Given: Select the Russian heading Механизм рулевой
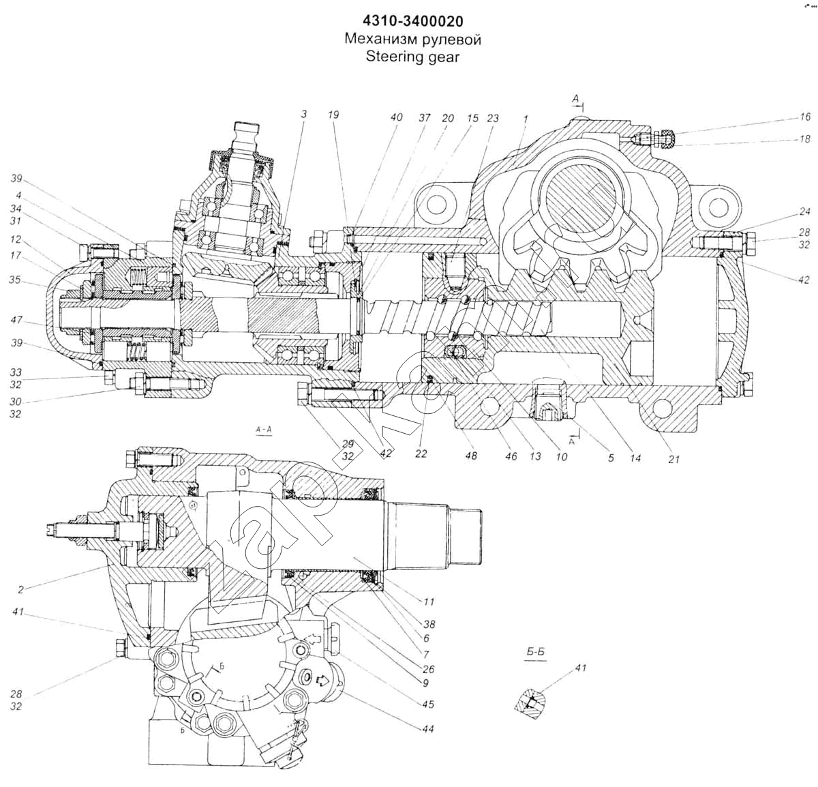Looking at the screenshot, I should pos(412,39).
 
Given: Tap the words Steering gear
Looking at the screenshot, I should pos(412,56).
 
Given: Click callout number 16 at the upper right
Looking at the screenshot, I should pos(805,117).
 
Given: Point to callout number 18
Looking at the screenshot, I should pos(805,139).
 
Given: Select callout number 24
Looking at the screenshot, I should pos(805,211).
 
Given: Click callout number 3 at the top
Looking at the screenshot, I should pos(303,115).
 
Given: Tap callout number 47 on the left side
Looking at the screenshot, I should pos(16,319).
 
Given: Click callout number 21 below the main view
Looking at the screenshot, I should pos(673,459).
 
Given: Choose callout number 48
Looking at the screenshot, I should pos(470,456).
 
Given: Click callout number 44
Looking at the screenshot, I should pos(428,729).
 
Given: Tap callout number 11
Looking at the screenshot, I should pos(428,602).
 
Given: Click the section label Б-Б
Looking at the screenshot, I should pos(536,653).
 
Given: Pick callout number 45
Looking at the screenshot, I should pos(428,704).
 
